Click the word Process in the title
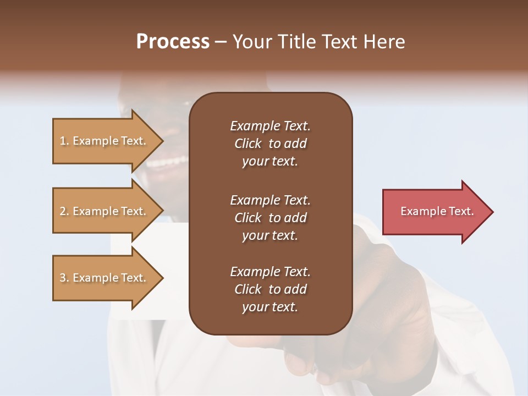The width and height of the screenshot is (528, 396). point(173,42)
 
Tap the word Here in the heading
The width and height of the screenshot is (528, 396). point(384,42)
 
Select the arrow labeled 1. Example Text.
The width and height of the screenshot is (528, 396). point(105,141)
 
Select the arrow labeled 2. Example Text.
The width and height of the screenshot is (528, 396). point(105,211)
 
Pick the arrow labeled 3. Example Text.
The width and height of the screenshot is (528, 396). point(105,278)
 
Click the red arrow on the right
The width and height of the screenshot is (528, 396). point(435,211)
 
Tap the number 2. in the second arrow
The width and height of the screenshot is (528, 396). point(64,211)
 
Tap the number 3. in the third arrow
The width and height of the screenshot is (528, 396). point(64,278)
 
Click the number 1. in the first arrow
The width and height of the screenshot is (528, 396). point(64,141)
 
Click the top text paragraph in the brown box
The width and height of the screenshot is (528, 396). point(270,144)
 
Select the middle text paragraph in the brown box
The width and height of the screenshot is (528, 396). point(270,218)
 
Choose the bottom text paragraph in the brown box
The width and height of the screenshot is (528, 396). point(270,289)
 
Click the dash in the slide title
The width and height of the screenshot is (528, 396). point(221,42)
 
